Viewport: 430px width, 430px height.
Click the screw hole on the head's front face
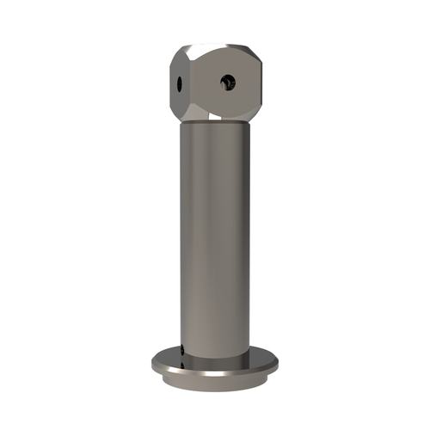point(227,82)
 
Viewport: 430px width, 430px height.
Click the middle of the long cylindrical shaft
point(215,232)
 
